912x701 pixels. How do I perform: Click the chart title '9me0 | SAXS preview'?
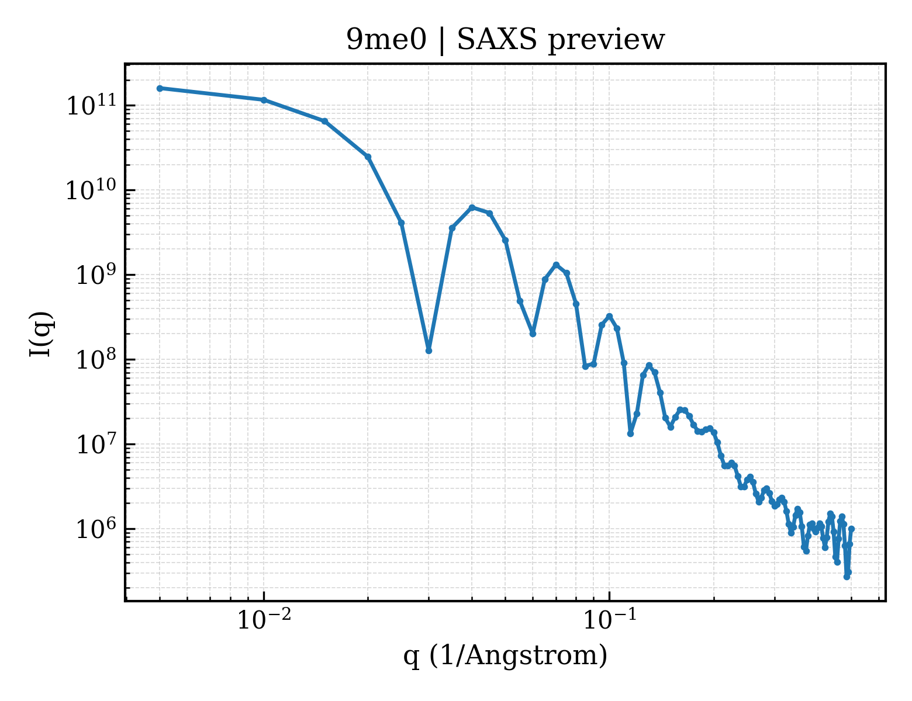coord(505,40)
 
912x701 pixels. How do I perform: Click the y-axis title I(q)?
coord(41,334)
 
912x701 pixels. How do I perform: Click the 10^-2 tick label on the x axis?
coord(264,620)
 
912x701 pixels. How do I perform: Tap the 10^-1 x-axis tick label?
coord(610,620)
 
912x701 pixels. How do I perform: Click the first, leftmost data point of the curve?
coord(160,88)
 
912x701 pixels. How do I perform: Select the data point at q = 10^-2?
coord(264,100)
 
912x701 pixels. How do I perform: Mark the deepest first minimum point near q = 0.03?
coord(429,350)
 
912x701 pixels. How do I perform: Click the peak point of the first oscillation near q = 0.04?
coord(472,207)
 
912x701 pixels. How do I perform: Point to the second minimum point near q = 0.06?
coord(533,334)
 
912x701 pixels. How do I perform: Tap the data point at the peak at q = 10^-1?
coord(610,316)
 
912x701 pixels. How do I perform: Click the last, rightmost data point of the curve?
coord(852,529)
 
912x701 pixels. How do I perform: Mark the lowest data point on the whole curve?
coord(847,577)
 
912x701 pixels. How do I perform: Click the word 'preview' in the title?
coord(606,41)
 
